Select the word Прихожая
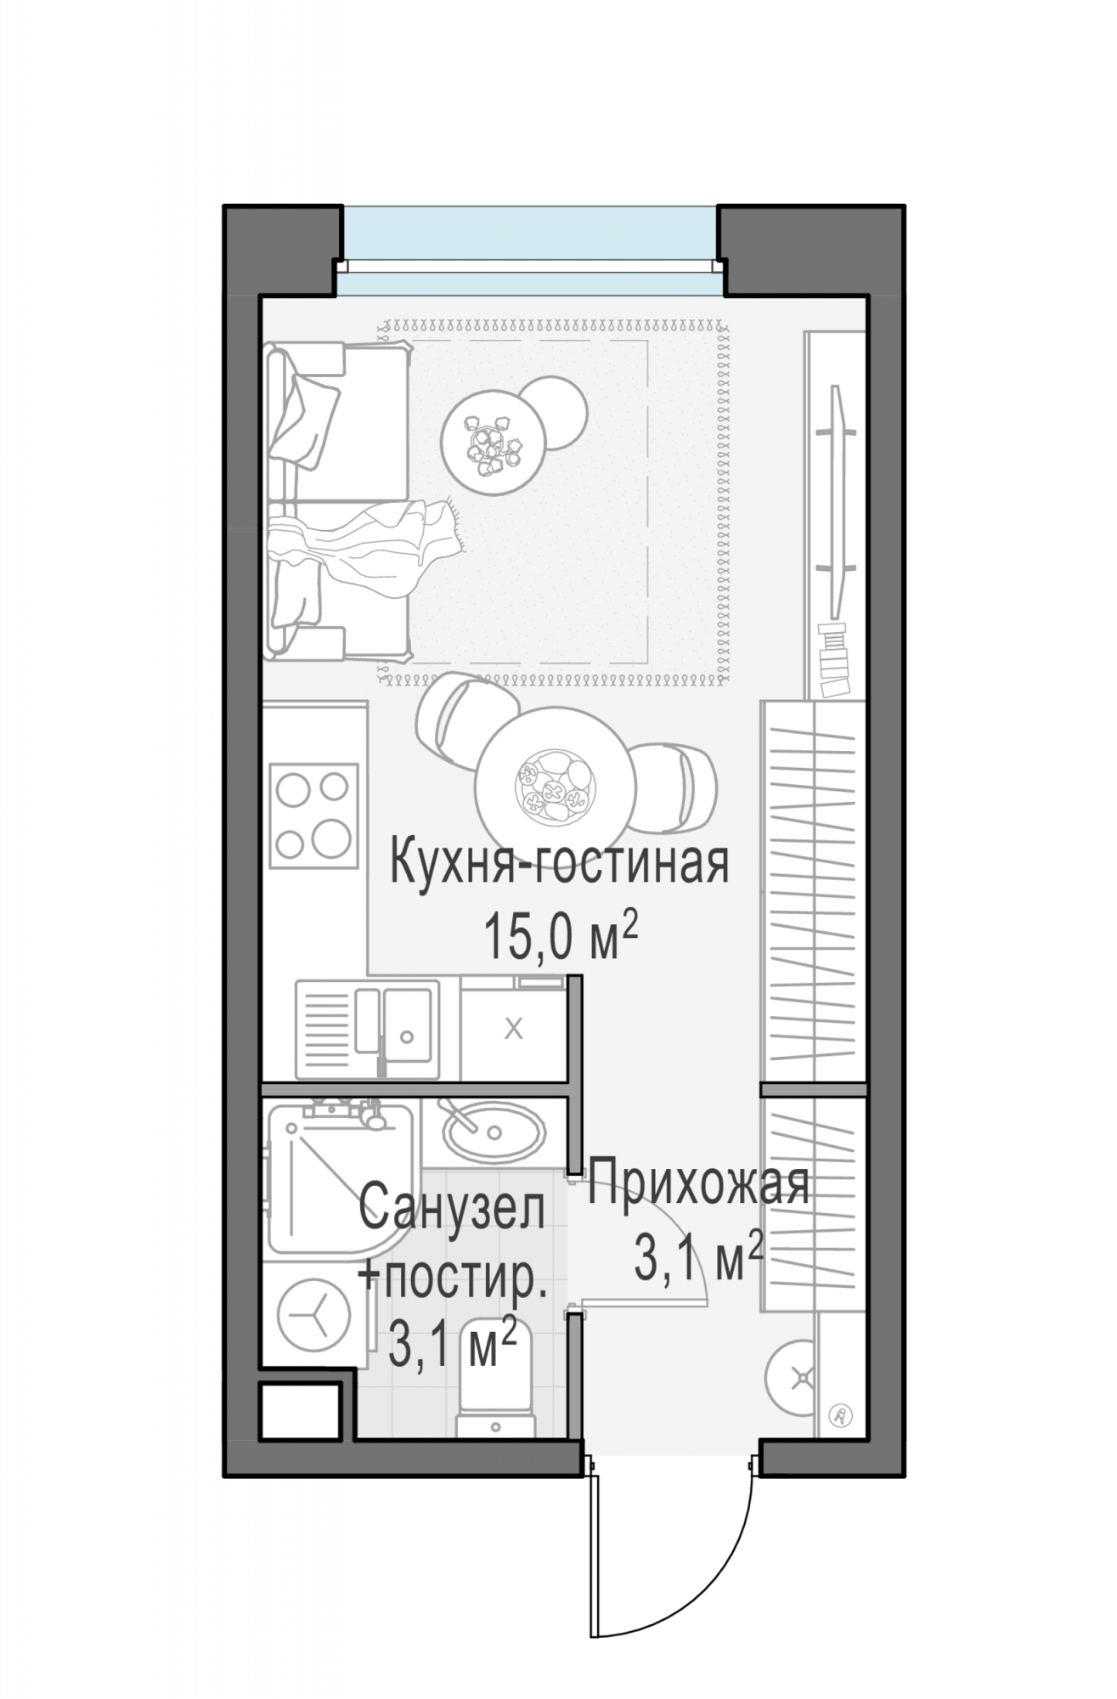pos(698,1183)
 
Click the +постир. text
pos(451,1278)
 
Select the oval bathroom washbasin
pos(493,1131)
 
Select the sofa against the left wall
pos(336,501)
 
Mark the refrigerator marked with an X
pos(512,1030)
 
